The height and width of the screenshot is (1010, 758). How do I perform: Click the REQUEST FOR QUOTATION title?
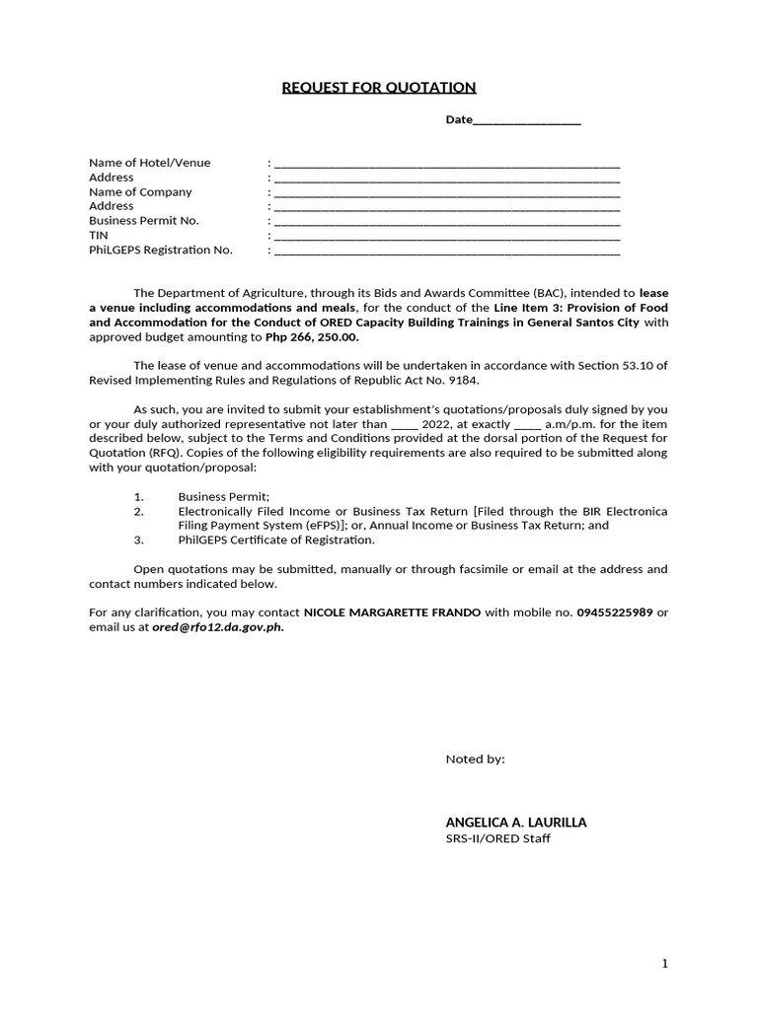pyautogui.click(x=379, y=88)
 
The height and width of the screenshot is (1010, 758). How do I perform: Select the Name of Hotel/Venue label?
pyautogui.click(x=149, y=163)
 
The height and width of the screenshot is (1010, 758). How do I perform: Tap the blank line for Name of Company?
pyautogui.click(x=446, y=193)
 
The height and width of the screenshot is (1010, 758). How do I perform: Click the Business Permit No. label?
pyautogui.click(x=144, y=221)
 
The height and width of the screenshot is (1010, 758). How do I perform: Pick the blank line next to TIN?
pyautogui.click(x=446, y=237)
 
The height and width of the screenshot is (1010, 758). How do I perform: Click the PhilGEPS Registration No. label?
pyautogui.click(x=161, y=250)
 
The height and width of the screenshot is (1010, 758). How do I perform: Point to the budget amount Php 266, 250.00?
pyautogui.click(x=313, y=336)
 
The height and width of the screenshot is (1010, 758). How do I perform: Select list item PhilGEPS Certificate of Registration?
pyautogui.click(x=276, y=540)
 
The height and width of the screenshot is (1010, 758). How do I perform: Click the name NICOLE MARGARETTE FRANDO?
pyautogui.click(x=392, y=613)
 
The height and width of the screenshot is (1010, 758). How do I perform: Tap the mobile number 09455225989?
pyautogui.click(x=615, y=613)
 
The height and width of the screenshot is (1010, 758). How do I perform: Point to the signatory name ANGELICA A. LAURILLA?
pyautogui.click(x=516, y=822)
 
